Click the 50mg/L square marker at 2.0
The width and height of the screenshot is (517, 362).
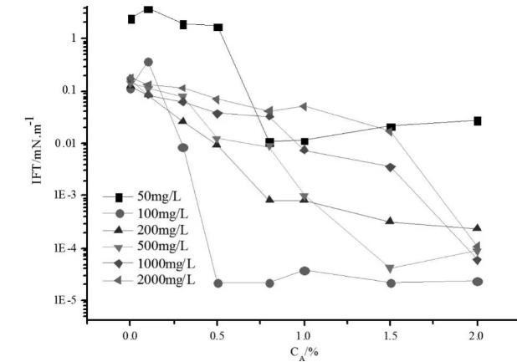tap(477, 121)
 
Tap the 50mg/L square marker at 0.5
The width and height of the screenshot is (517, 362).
tap(218, 28)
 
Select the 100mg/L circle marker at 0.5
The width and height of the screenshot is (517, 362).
tap(218, 283)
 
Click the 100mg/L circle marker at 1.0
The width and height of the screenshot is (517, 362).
tap(305, 271)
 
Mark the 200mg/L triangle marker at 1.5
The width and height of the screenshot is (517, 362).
tap(391, 221)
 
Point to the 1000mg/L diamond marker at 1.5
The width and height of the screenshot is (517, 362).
tap(391, 167)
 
